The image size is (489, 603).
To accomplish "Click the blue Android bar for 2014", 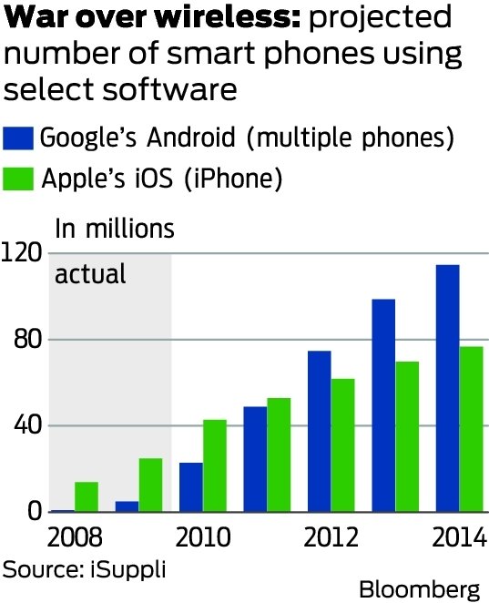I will [448, 389].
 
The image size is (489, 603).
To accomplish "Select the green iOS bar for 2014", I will [471, 429].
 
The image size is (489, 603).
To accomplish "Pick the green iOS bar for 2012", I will [342, 445].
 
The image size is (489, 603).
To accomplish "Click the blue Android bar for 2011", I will [255, 459].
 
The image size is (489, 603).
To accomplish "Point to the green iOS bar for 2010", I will [214, 465].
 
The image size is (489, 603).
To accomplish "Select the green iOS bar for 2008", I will [87, 496].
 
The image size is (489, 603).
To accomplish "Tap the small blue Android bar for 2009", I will [127, 506].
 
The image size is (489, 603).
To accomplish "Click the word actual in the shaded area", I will [90, 274].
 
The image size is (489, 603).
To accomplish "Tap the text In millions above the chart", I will [115, 228].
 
